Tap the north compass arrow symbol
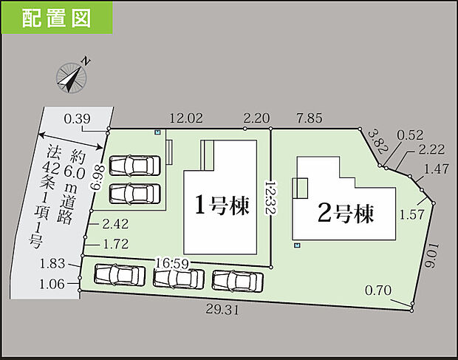pyautogui.click(x=72, y=76)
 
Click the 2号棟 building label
pyautogui.click(x=345, y=214)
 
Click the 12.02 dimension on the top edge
pyautogui.click(x=185, y=118)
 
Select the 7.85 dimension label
pyautogui.click(x=310, y=118)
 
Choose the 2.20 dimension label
pyautogui.click(x=256, y=118)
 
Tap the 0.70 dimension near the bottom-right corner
pyautogui.click(x=377, y=291)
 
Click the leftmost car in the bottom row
pyautogui.click(x=120, y=274)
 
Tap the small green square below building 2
pyautogui.click(x=296, y=245)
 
